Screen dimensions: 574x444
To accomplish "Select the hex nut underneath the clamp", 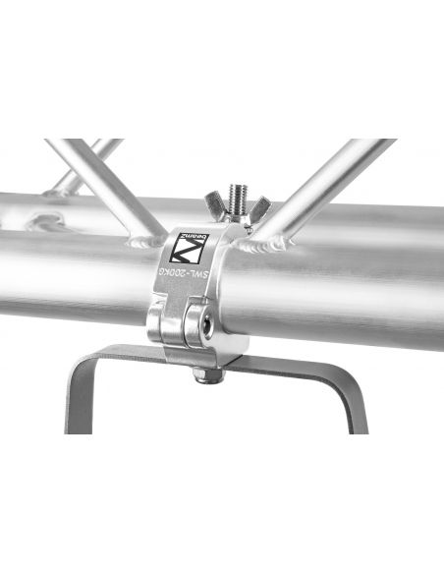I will [x=203, y=374].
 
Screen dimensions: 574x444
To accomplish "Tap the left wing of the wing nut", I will [x=213, y=207].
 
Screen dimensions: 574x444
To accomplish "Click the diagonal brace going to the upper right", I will [x=324, y=182].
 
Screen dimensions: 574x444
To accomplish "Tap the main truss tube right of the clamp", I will [x=354, y=275].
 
